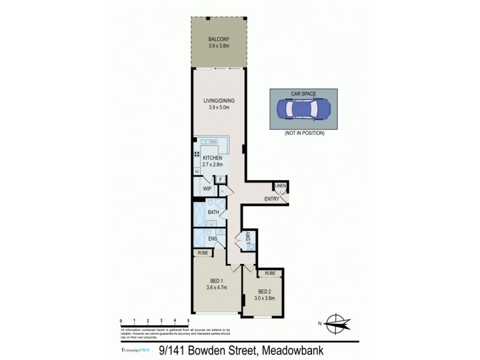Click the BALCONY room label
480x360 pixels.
(x=219, y=39)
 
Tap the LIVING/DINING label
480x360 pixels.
(x=219, y=101)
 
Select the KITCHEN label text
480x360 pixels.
(x=212, y=158)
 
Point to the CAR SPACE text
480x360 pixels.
(x=305, y=94)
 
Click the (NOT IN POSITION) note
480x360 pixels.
(x=305, y=133)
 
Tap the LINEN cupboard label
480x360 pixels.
(x=281, y=186)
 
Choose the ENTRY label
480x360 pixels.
(x=271, y=199)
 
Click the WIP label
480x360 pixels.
(x=206, y=188)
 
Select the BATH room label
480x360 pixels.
(x=213, y=212)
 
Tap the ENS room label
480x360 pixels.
(x=212, y=239)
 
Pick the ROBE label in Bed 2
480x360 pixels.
(x=270, y=273)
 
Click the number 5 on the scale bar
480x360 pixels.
(x=189, y=322)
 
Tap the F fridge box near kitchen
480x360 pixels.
(x=220, y=179)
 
